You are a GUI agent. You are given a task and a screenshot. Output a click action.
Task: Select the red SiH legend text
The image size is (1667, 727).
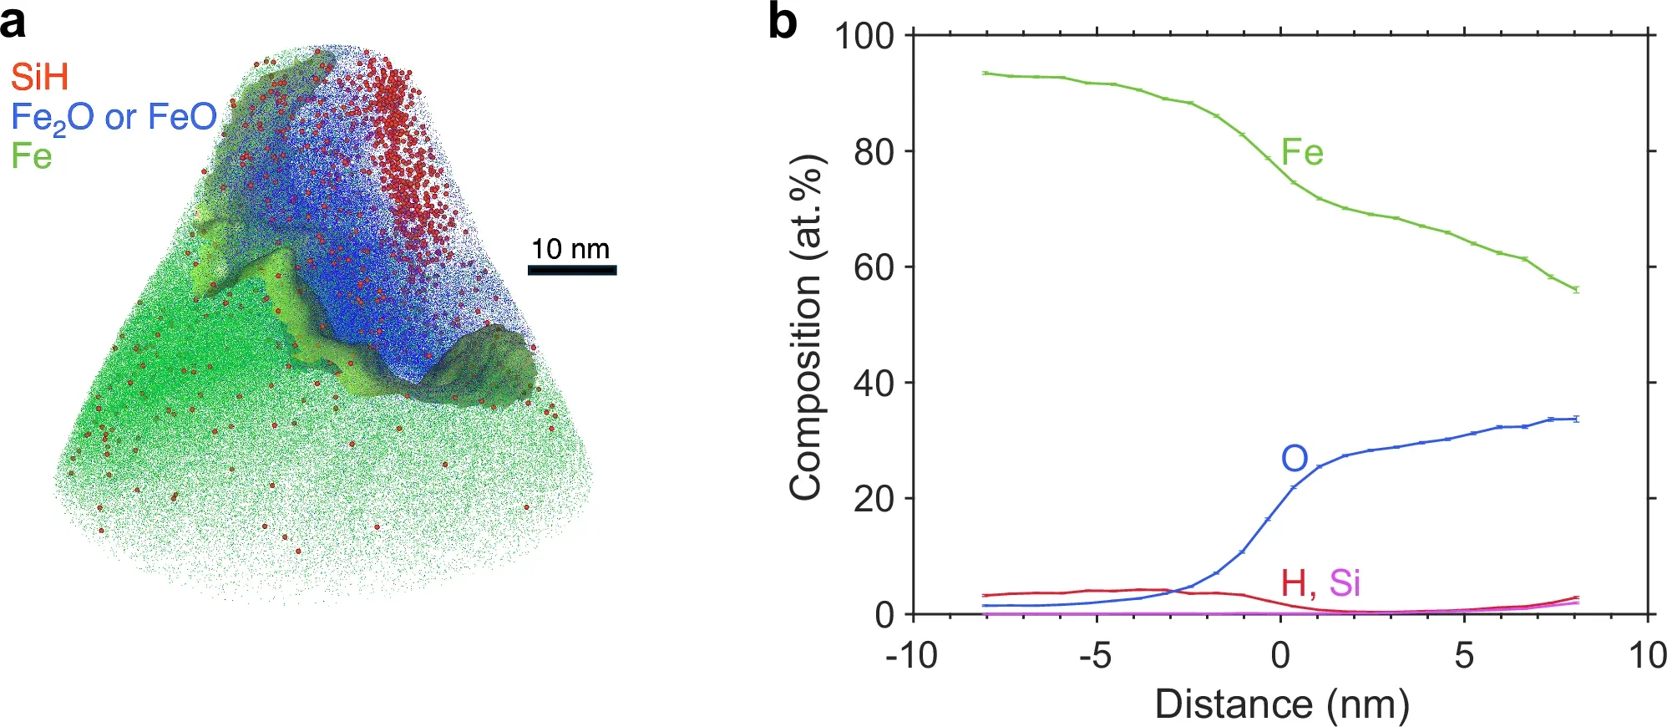[39, 77]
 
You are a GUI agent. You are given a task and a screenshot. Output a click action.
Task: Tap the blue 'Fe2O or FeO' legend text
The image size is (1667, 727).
[114, 118]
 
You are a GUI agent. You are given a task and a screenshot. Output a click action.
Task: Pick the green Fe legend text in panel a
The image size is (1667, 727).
[32, 156]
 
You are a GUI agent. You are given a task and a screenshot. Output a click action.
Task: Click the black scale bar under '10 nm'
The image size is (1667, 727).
[572, 270]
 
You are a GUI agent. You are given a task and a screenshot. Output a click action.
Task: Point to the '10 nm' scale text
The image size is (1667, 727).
[570, 249]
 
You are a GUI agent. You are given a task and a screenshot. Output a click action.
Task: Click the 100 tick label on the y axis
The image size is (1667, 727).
[864, 37]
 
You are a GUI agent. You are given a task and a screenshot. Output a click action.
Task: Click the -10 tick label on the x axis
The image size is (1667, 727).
[911, 655]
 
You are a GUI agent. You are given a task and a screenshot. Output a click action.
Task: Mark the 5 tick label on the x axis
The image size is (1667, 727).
[1464, 655]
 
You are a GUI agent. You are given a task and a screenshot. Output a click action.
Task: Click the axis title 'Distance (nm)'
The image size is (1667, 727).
[1281, 704]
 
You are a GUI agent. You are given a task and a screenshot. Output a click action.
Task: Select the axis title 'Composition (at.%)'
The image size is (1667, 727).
[805, 328]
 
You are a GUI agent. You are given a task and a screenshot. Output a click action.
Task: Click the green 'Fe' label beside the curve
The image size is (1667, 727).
[1302, 153]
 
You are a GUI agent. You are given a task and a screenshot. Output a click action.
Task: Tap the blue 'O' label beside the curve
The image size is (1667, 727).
[1294, 459]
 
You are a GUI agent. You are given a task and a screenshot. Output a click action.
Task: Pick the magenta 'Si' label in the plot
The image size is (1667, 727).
[1345, 582]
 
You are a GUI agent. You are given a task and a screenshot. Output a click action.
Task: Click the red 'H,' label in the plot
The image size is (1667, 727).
[1298, 582]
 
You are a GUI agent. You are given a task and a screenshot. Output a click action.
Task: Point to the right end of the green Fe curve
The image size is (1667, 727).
[1576, 290]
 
